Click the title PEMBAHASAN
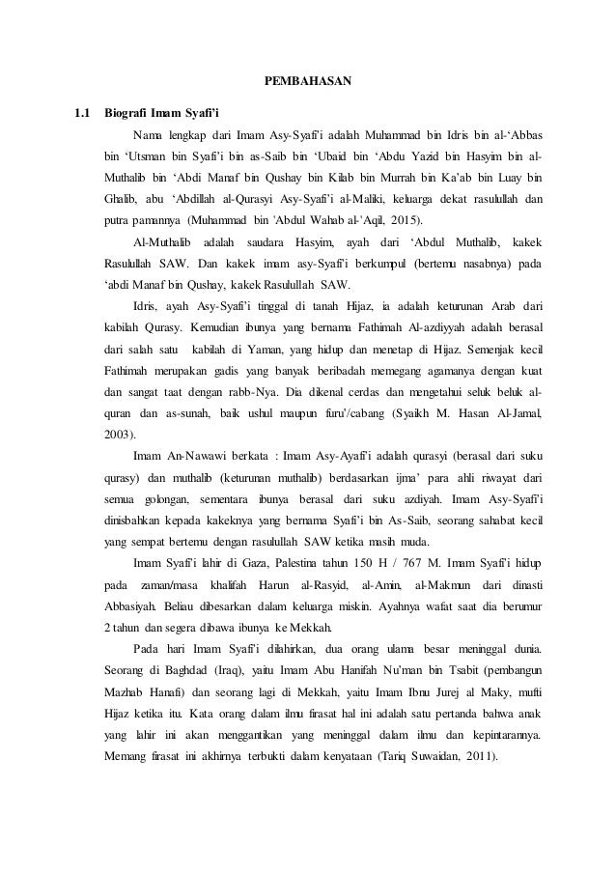pos(308,80)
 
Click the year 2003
pos(119,434)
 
